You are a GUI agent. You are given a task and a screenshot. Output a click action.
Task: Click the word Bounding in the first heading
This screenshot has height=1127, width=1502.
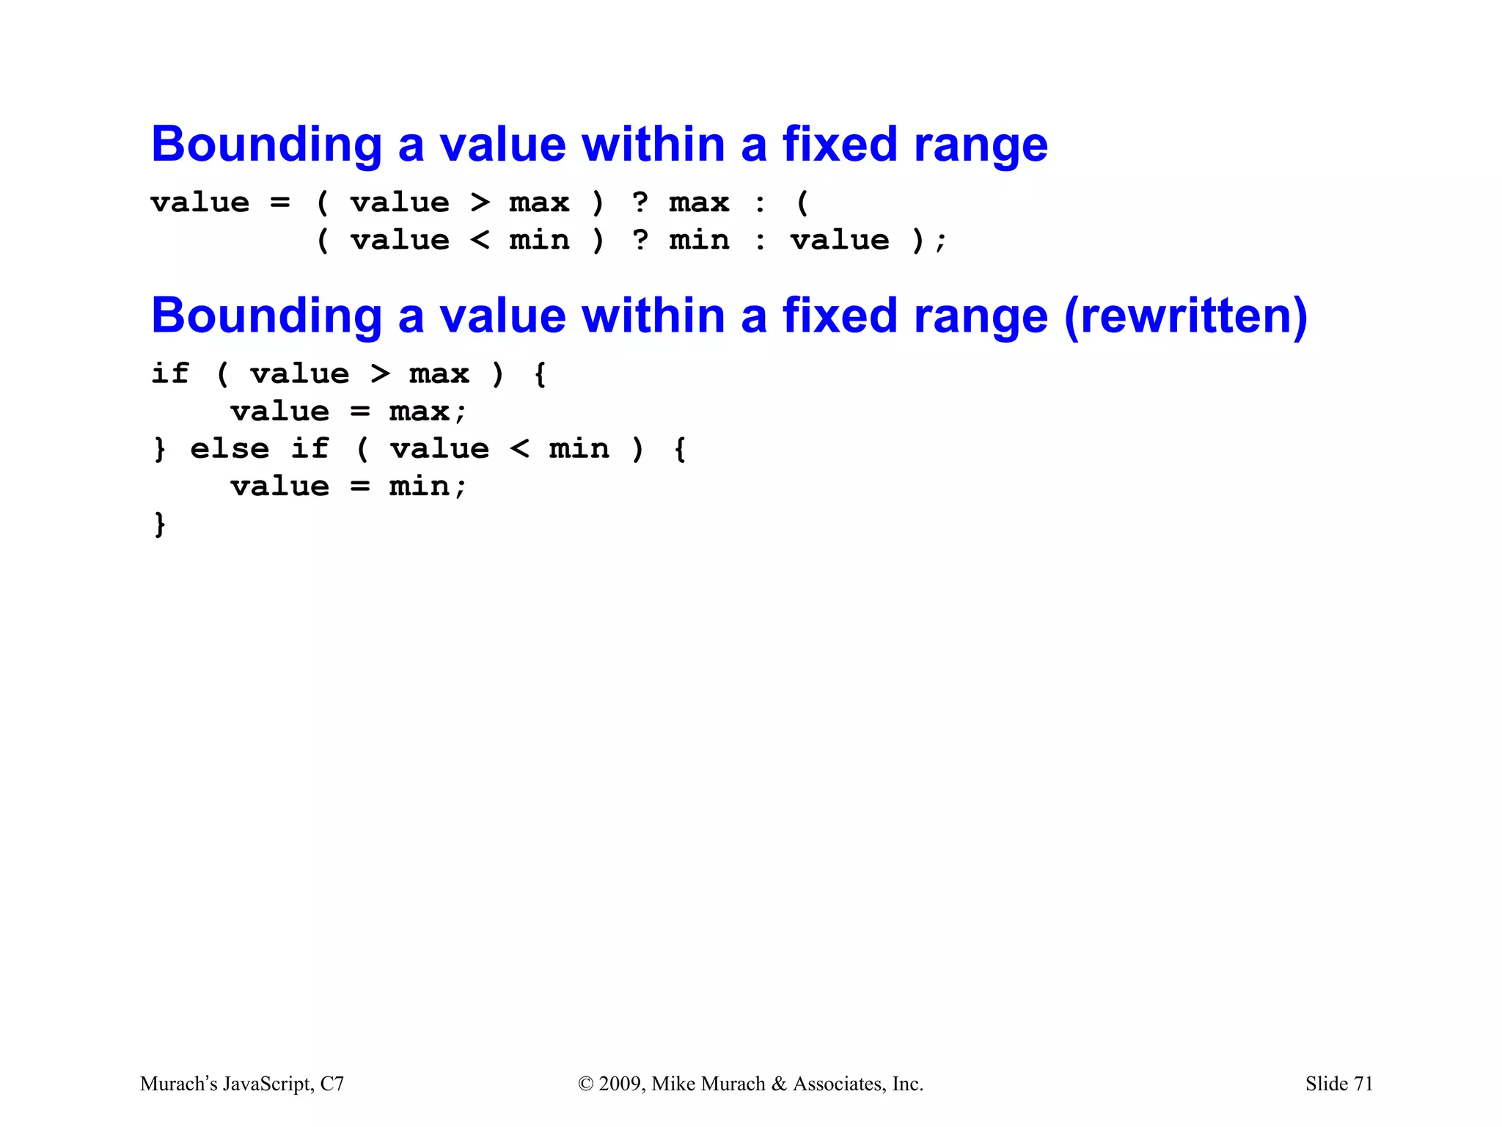266,145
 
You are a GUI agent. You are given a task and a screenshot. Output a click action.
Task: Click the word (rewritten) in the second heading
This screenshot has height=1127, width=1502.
1185,316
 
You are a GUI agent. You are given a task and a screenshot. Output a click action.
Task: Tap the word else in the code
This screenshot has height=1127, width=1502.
230,448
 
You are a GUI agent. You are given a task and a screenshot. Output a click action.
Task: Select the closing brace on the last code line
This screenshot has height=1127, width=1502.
160,524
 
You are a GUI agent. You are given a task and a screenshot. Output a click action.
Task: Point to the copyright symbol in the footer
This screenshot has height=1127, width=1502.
585,1084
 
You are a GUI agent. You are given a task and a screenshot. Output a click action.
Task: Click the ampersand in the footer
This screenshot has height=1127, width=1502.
779,1084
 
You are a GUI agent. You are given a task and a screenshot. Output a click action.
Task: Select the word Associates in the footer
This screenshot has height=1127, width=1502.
839,1084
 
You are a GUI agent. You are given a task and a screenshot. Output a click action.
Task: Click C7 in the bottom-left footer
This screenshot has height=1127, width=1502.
332,1084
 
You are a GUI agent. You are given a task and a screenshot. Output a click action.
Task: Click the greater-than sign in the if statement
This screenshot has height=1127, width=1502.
380,373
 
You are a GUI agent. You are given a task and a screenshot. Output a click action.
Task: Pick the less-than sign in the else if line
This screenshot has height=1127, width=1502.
519,448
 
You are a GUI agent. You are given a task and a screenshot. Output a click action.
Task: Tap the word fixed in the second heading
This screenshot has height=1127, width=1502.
840,316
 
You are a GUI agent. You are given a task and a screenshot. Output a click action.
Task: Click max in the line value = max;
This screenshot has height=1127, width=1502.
419,412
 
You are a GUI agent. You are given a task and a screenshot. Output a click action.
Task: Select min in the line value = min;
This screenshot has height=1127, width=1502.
419,486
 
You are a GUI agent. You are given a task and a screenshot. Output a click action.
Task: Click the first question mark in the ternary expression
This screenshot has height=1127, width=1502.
640,202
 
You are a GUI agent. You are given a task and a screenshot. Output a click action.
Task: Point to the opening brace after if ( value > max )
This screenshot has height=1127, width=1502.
540,374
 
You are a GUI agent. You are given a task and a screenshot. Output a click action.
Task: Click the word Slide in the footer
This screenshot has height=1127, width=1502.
1326,1084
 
